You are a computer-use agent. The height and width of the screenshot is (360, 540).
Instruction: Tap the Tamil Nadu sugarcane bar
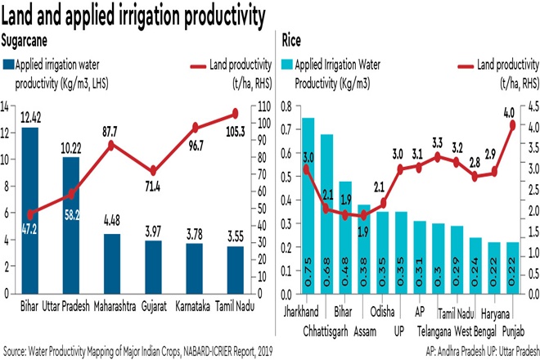tap(235, 269)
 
